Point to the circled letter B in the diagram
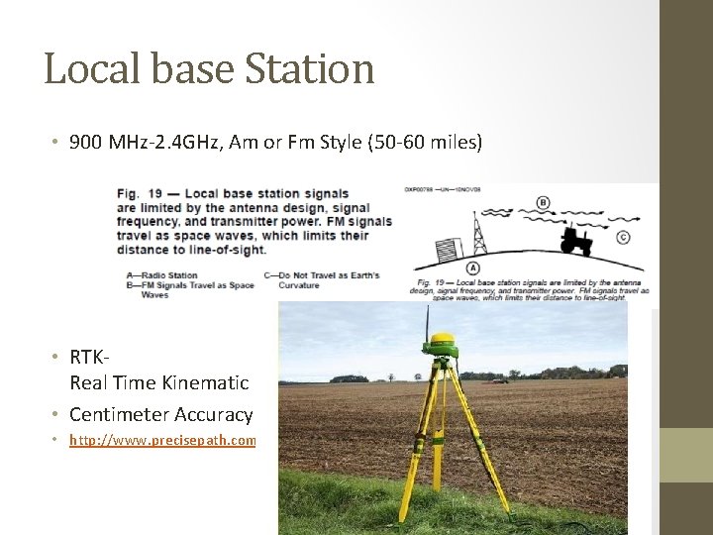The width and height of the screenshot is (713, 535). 543,203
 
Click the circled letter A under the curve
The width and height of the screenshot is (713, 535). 473,267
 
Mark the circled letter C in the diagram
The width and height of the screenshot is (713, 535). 623,237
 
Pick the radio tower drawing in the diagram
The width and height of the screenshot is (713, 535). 480,234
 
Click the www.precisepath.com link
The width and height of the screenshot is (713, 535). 162,440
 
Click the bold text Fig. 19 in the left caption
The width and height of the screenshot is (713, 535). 138,194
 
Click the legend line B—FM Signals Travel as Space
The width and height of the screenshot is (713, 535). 191,284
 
